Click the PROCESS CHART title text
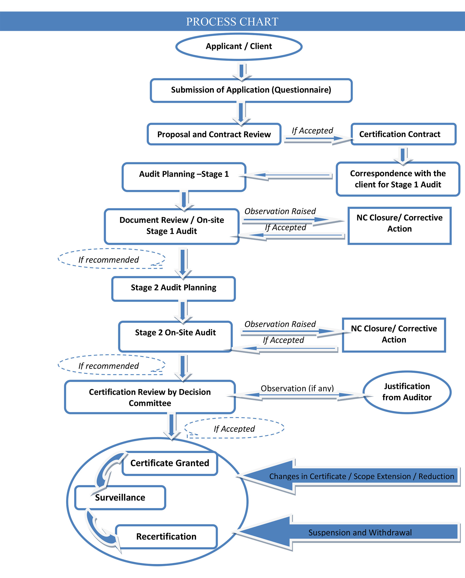coord(232,22)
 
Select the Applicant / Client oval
coord(239,46)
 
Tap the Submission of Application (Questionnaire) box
coord(251,90)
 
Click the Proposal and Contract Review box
coord(214,134)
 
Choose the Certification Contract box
coord(403,134)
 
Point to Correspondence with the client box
coord(398,179)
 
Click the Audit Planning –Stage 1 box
coord(184,177)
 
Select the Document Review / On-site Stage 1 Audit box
coord(171,226)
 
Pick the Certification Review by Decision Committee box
coord(150,397)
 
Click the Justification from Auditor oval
coord(407,392)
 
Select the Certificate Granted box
coord(170,463)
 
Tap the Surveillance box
coord(120,498)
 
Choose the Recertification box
coord(166,536)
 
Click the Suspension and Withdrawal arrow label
coord(360,532)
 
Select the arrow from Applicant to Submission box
coord(241,71)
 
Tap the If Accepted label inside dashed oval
coord(234,429)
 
